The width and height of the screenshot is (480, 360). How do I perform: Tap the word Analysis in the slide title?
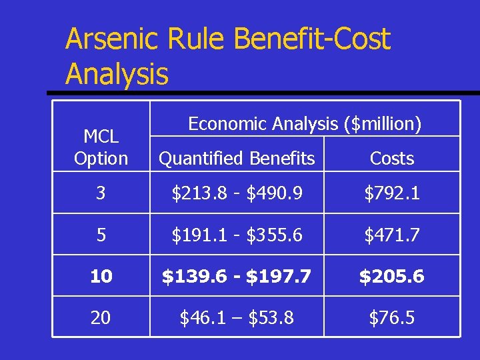117,74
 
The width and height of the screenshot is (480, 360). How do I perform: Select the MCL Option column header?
101,148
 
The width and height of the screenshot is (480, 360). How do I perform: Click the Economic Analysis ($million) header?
305,124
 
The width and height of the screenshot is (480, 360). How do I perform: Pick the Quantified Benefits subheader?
237,159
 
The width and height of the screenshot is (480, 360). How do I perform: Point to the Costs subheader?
392,159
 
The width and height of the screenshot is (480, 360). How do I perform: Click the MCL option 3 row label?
101,194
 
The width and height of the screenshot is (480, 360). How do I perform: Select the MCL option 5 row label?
101,235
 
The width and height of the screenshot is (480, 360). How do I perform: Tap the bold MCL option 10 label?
101,277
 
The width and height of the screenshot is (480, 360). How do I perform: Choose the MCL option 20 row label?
101,318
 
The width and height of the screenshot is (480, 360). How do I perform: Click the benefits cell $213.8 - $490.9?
237,194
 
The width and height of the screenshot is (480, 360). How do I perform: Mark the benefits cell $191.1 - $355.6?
237,235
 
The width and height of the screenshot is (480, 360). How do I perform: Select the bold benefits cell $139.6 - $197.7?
237,277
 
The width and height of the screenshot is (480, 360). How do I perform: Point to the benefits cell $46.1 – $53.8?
237,318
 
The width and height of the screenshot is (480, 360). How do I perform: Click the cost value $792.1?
392,194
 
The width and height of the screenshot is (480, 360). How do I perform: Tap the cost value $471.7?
392,235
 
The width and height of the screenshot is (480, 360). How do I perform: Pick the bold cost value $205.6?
392,277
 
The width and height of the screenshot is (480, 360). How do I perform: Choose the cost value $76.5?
392,318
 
